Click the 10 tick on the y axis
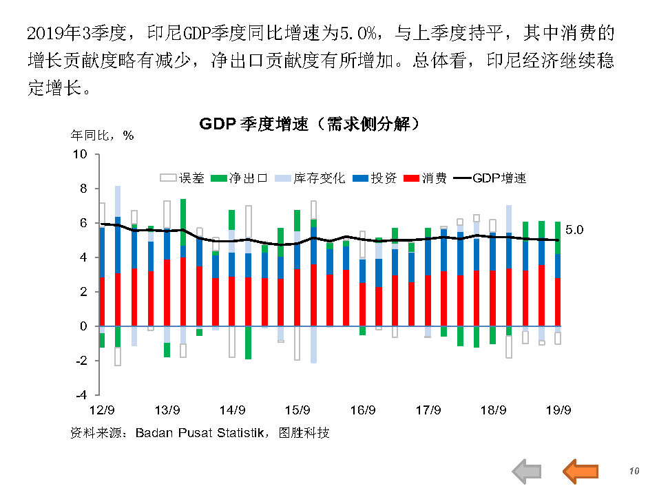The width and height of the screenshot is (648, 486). [81, 154]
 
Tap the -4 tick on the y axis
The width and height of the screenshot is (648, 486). [81, 395]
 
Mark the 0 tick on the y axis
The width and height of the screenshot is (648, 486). [84, 326]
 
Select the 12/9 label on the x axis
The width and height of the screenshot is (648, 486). [103, 410]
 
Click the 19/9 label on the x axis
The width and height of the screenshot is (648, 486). [558, 410]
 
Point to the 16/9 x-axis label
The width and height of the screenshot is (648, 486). [363, 410]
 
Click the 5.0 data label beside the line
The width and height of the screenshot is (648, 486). [574, 230]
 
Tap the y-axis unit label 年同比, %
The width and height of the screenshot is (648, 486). [103, 136]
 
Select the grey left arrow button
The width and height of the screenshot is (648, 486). [527, 471]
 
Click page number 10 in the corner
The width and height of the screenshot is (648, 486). [634, 471]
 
